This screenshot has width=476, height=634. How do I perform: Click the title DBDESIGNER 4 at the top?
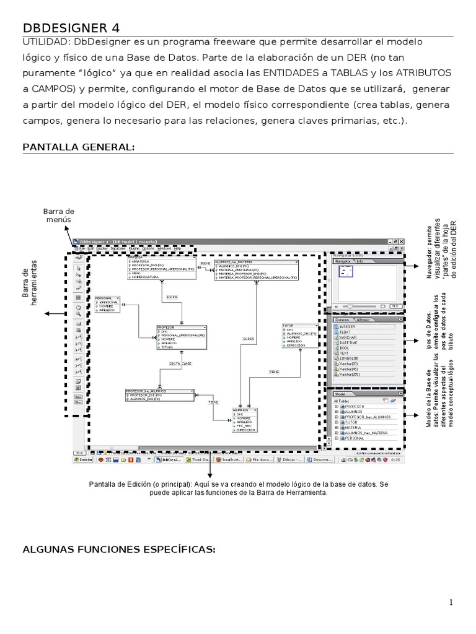71,28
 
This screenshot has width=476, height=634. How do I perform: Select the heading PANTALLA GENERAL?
78,147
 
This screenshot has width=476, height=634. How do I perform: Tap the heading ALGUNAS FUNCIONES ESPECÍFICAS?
118,549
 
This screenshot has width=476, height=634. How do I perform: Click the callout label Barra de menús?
58,215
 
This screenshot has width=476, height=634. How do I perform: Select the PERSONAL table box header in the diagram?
105,298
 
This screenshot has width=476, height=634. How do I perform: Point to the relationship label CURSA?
249,339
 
